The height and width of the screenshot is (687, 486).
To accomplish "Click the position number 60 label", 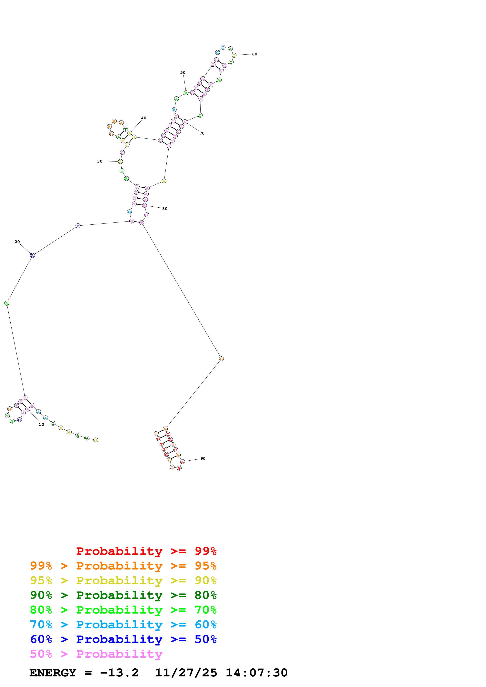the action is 254,54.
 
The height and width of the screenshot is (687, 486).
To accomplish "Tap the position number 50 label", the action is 183,72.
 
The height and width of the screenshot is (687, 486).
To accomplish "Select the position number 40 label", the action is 144,118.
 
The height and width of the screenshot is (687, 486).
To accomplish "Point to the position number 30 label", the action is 100,161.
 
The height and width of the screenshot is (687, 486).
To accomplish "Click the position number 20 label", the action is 17,242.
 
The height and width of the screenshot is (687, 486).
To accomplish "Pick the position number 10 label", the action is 41,425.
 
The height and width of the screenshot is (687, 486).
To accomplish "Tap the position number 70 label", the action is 202,133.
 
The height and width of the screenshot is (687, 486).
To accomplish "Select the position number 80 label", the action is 165,209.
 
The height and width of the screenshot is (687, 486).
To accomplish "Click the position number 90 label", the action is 203,459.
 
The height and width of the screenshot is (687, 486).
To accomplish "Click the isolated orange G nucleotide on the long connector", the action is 221,359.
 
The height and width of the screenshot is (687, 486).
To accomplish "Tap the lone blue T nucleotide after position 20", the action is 78,226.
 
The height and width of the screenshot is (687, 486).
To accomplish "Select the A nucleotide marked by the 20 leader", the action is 32,256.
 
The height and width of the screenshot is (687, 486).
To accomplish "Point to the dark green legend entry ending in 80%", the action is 123,595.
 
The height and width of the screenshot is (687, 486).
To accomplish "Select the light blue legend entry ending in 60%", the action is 123,625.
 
